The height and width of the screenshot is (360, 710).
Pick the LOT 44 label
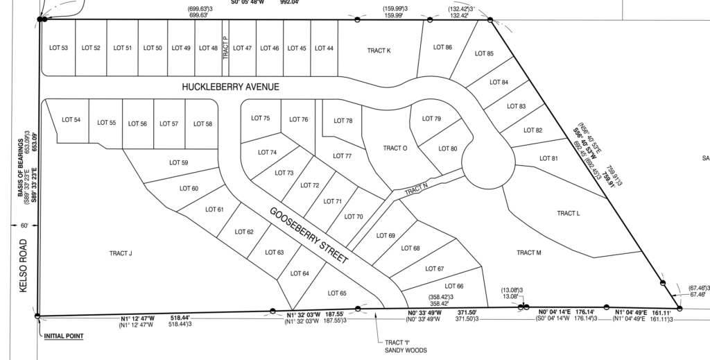(324, 48)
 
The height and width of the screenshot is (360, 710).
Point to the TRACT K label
(379, 51)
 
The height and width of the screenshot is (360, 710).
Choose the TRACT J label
(121, 253)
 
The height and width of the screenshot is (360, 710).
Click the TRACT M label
(528, 252)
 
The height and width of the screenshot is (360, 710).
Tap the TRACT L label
(568, 213)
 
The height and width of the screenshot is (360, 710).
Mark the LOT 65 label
(336, 293)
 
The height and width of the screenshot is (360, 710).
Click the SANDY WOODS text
(407, 350)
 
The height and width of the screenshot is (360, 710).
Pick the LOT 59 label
(179, 163)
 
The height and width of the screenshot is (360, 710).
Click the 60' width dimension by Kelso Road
(24, 226)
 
